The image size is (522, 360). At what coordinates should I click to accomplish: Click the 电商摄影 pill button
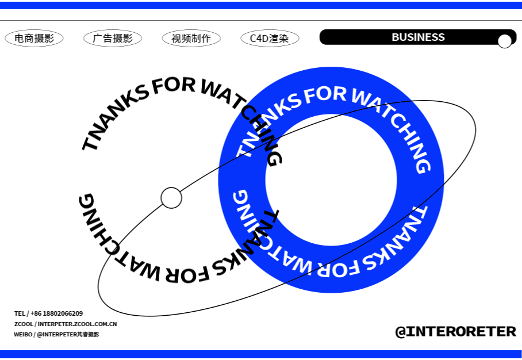tap(34, 39)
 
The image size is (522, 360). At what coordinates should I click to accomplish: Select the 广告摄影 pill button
tap(113, 39)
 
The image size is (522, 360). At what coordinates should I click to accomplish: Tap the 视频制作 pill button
tap(191, 39)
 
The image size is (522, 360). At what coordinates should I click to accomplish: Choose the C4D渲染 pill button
tap(270, 39)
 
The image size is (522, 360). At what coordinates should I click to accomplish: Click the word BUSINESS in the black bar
tap(418, 37)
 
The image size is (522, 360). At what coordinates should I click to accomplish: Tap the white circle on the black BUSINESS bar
tap(504, 41)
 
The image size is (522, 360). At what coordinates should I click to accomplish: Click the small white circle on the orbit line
tap(171, 198)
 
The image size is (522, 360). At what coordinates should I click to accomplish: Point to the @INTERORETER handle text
tap(455, 332)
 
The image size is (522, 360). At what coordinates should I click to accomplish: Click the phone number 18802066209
tap(63, 313)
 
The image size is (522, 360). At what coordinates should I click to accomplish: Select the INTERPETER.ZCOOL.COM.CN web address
tap(78, 324)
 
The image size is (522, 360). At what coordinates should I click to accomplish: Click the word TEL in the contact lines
tap(20, 313)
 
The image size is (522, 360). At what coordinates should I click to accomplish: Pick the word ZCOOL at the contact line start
tap(23, 324)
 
